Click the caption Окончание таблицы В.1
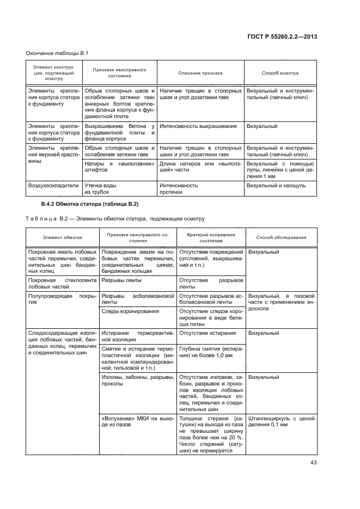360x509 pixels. point(53,53)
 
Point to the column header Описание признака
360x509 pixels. point(200,73)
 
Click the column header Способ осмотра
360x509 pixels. point(280,73)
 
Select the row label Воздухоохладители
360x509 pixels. point(53,186)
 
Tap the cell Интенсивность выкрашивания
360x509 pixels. point(198,126)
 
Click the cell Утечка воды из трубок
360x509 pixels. point(100,189)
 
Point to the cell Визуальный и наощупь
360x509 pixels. point(276,186)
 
